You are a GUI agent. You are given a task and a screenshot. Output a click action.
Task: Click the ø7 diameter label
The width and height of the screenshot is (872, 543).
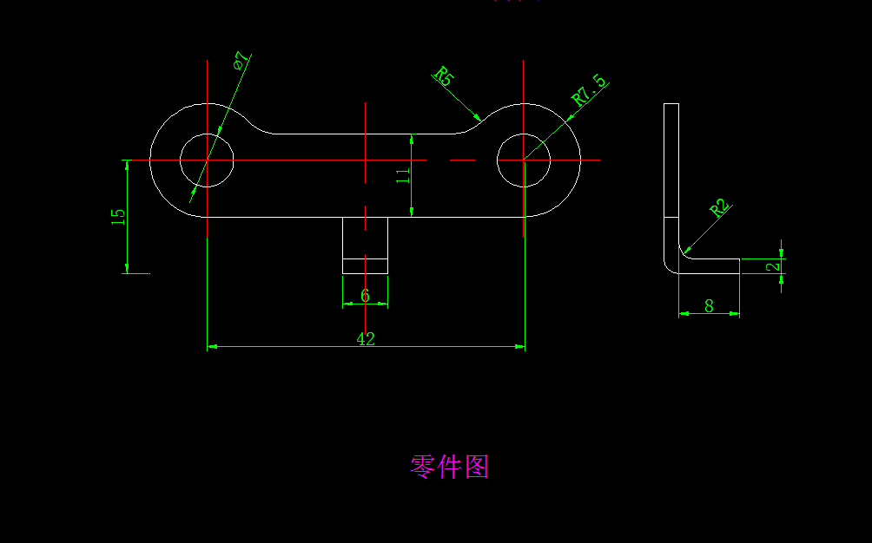[x=241, y=61]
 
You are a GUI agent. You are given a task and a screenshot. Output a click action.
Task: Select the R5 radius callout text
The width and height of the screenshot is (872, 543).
[x=444, y=76]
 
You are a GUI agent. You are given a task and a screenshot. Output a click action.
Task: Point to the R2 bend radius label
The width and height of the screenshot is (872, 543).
[x=718, y=208]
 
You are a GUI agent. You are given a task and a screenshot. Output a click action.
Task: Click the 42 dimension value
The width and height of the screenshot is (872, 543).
[x=366, y=339]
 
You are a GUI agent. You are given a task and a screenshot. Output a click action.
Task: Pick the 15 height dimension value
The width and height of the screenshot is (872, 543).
[x=118, y=216]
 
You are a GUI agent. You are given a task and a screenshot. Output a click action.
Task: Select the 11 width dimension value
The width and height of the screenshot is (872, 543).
[x=402, y=175]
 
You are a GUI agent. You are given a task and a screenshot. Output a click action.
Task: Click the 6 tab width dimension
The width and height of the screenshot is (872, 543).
[x=365, y=296]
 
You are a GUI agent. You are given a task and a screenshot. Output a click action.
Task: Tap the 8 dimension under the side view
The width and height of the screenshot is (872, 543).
[x=709, y=305]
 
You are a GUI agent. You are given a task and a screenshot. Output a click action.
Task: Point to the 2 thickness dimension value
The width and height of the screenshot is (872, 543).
[x=773, y=266]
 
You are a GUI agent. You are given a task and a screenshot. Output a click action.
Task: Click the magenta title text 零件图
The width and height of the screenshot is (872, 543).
[x=449, y=467]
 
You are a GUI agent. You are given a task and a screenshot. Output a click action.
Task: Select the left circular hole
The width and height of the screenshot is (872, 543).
[x=207, y=160]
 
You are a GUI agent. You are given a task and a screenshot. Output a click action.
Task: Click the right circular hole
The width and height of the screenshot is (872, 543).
[x=524, y=160]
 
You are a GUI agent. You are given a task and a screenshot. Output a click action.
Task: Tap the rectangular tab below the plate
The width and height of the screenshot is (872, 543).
[x=365, y=245]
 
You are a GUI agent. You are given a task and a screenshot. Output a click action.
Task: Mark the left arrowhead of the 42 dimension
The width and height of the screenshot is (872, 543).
[x=211, y=347]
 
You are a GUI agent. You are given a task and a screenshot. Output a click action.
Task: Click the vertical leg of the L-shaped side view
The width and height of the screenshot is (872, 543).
[x=671, y=173]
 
